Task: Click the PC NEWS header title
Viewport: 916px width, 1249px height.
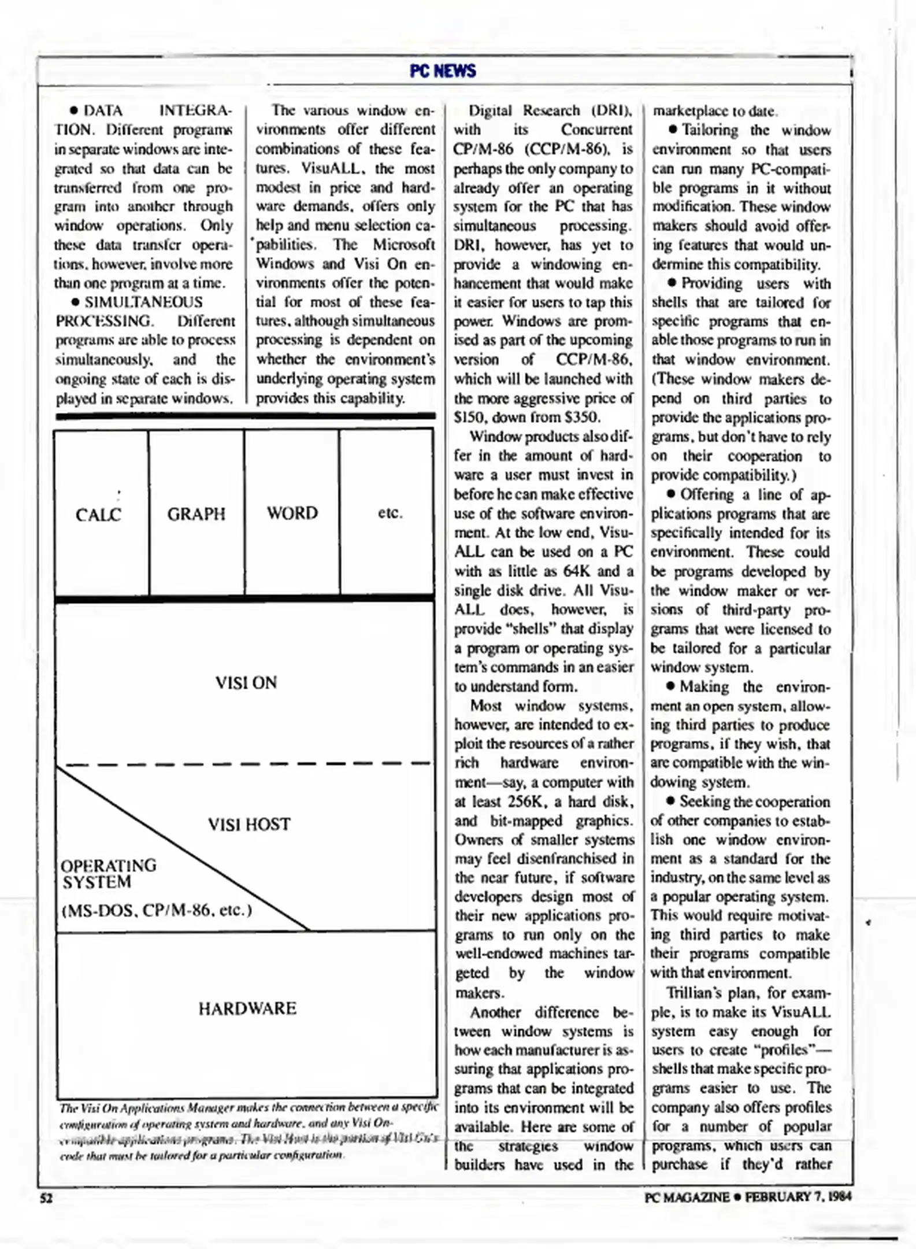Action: (443, 71)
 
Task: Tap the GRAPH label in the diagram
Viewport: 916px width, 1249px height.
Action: (196, 514)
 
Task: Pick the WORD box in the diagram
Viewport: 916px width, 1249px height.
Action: (292, 513)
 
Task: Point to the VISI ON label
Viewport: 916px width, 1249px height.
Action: (246, 682)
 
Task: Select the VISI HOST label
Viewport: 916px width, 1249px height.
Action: (249, 824)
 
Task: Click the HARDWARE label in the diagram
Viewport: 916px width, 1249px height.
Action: (247, 1008)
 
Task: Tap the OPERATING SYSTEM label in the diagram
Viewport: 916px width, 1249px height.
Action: (107, 874)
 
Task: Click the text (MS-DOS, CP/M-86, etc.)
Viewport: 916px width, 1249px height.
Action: (157, 910)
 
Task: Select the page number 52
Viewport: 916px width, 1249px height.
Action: (46, 1198)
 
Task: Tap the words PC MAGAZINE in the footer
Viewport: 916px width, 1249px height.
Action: (687, 1197)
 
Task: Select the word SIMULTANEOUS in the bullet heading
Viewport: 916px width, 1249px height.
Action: (143, 302)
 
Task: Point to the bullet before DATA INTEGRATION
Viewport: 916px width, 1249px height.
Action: (74, 110)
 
